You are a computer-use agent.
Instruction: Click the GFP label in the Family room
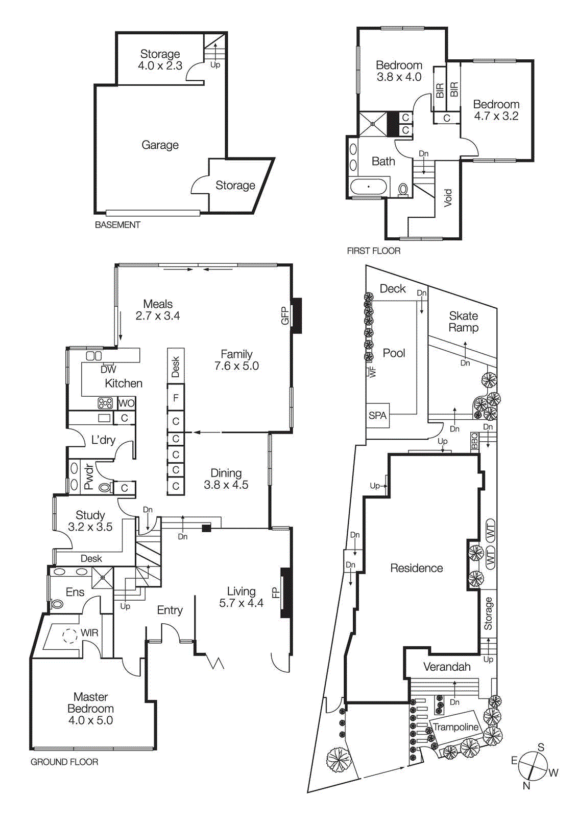click(285, 315)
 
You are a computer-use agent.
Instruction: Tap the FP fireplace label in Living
click(275, 593)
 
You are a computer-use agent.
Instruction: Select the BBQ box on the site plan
click(475, 441)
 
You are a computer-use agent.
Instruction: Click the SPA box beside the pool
click(378, 416)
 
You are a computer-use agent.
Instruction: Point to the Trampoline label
click(455, 727)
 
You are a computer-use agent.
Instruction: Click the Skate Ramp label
click(464, 322)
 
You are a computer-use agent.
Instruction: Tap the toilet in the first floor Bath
click(403, 189)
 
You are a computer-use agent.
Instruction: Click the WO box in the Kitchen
click(126, 403)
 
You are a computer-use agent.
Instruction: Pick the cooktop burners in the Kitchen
click(106, 403)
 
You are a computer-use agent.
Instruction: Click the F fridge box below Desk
click(176, 398)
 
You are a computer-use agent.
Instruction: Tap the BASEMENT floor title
click(117, 225)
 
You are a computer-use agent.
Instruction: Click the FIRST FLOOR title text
click(373, 251)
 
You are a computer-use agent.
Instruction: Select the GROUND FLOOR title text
click(64, 762)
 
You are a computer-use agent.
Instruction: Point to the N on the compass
click(526, 786)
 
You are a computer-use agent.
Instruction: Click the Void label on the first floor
click(448, 197)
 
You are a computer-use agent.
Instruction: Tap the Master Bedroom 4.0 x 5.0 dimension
click(90, 720)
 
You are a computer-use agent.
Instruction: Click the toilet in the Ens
click(57, 604)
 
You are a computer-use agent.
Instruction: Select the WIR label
click(89, 633)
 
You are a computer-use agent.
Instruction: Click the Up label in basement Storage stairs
click(215, 65)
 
